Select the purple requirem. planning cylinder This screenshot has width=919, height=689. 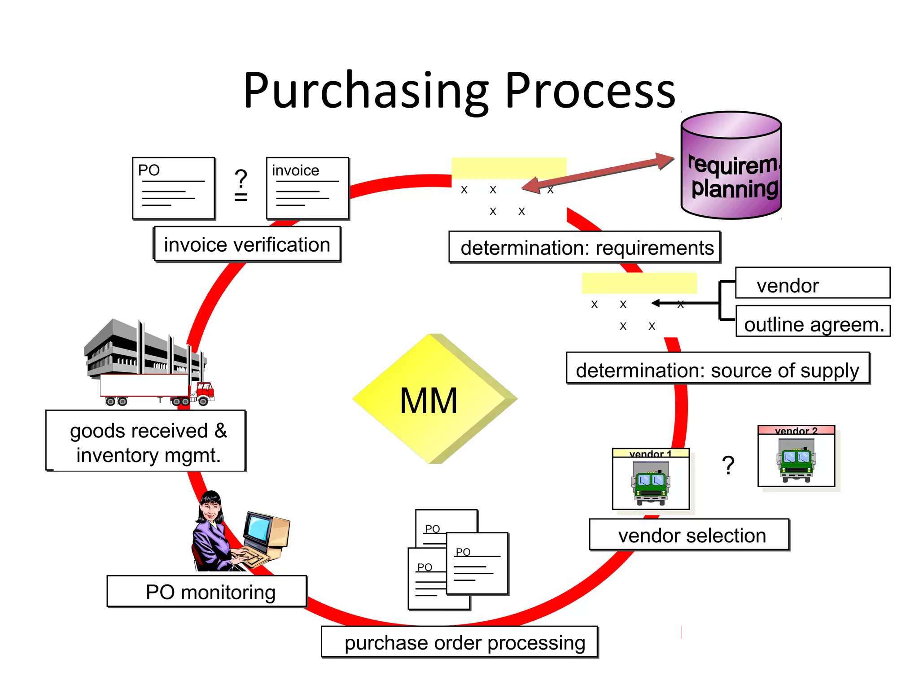click(731, 166)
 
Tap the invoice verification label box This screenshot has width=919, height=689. click(247, 244)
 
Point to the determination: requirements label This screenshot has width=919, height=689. click(585, 247)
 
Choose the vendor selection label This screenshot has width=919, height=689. click(690, 535)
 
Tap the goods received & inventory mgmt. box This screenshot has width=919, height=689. click(146, 441)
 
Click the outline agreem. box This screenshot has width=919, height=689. click(813, 323)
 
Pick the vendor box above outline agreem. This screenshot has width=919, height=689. click(813, 283)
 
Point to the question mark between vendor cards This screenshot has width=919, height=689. click(728, 465)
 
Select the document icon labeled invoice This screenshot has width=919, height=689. click(307, 188)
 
